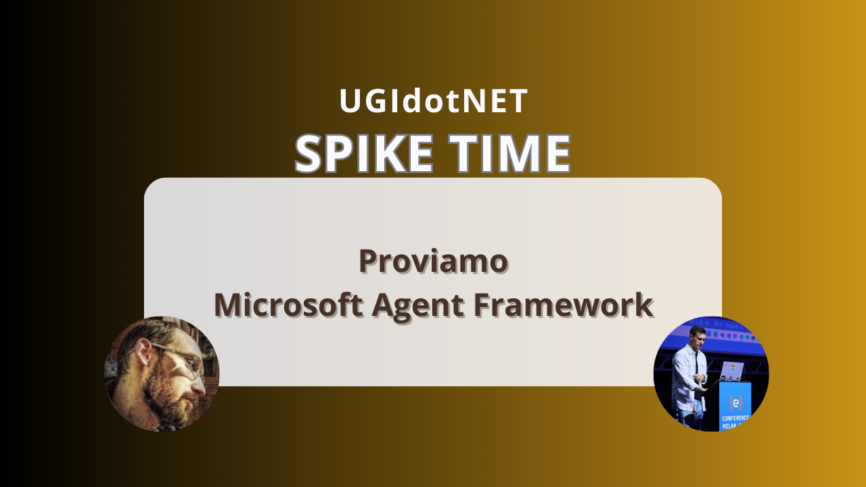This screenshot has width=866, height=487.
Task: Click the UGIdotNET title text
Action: pyautogui.click(x=433, y=101)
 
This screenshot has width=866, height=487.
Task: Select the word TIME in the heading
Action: pyautogui.click(x=510, y=153)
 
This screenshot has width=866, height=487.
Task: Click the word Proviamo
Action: pyautogui.click(x=433, y=261)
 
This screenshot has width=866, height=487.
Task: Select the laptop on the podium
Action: pyautogui.click(x=731, y=371)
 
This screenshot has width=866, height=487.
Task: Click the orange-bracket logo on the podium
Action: pyautogui.click(x=735, y=402)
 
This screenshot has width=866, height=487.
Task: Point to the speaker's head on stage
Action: pyautogui.click(x=698, y=335)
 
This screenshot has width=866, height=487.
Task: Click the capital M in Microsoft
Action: pyautogui.click(x=227, y=305)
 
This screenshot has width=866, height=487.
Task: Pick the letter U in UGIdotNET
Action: pyautogui.click(x=351, y=101)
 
